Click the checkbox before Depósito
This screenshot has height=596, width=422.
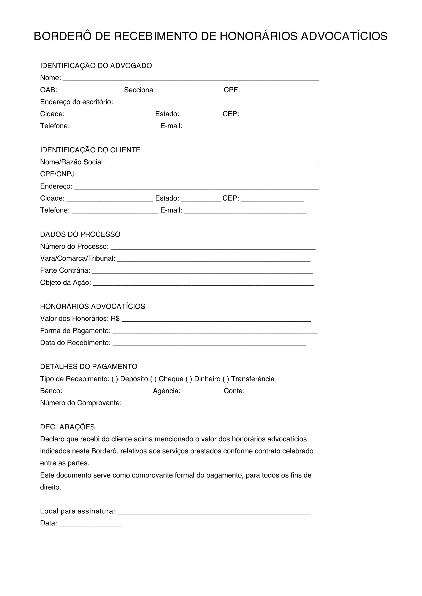click(x=115, y=379)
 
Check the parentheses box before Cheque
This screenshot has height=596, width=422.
click(x=153, y=379)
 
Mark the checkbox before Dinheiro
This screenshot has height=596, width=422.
click(x=189, y=379)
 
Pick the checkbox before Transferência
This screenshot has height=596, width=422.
click(x=226, y=379)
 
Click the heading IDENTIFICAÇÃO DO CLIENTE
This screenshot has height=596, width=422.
click(x=90, y=150)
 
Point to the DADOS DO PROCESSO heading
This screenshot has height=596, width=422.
click(x=80, y=234)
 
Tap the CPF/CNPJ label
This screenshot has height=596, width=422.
click(x=58, y=174)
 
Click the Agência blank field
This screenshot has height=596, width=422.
click(x=202, y=392)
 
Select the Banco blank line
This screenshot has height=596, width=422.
click(x=107, y=392)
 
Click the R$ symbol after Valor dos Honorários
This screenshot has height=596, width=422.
click(x=115, y=319)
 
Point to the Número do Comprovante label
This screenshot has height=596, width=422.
click(x=81, y=403)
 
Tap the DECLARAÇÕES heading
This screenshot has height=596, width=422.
click(x=67, y=427)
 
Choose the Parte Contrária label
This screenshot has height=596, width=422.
click(x=65, y=271)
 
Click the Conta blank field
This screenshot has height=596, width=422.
click(x=278, y=392)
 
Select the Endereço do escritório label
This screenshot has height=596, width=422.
click(x=76, y=102)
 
